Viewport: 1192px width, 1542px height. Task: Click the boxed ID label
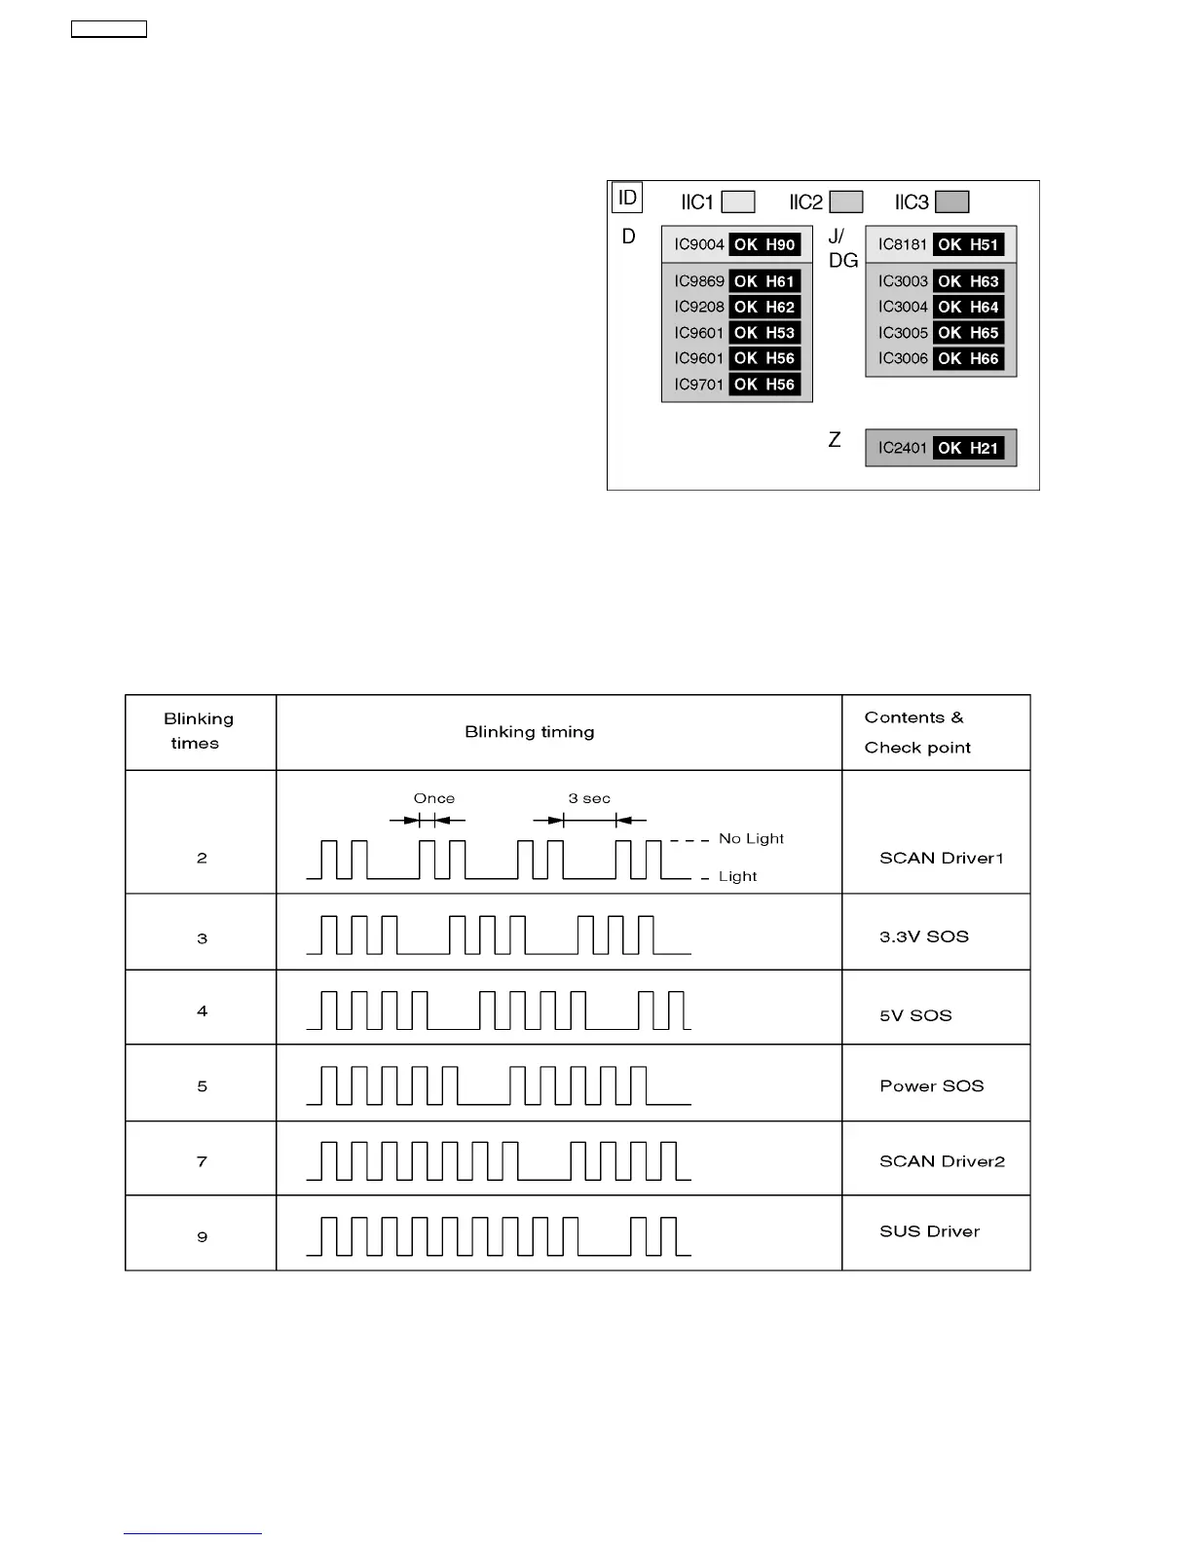[627, 199]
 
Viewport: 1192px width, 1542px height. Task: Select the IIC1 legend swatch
[738, 202]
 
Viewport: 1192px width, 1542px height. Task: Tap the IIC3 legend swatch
[951, 202]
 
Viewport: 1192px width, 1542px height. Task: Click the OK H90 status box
[764, 244]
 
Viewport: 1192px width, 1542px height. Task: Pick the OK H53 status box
[764, 333]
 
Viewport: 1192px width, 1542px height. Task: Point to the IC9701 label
[698, 385]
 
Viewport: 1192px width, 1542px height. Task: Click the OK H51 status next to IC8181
[968, 244]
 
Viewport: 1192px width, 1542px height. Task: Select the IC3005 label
[903, 333]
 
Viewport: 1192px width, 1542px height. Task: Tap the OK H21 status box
[968, 448]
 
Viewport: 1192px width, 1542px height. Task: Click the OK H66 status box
[968, 358]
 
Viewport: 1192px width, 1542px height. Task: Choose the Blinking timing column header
[529, 732]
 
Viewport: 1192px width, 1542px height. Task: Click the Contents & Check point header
[916, 732]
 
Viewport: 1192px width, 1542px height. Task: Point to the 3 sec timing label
[589, 798]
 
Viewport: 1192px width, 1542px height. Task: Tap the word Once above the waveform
[433, 798]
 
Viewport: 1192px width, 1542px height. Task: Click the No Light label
[751, 838]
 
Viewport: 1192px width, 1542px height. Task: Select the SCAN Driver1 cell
[941, 858]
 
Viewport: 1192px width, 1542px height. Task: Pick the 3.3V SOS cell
[923, 936]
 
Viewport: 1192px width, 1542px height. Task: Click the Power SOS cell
[931, 1085]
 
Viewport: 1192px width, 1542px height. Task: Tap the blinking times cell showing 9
[202, 1236]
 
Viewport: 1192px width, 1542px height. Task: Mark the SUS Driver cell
[929, 1231]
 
